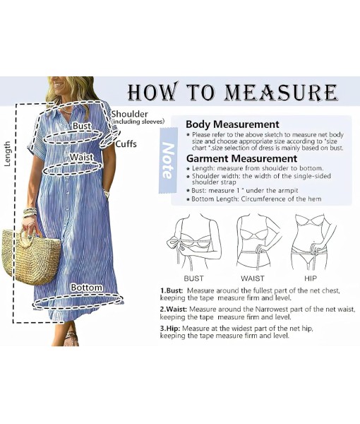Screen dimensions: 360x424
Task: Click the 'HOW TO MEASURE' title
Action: (232, 92)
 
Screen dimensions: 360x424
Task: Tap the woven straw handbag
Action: (31, 257)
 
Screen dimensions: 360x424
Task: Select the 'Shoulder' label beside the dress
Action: (130, 114)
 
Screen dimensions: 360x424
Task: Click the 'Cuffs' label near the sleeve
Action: (126, 144)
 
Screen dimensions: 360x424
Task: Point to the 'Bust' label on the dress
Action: (82, 126)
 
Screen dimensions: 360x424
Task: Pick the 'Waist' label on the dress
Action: (82, 157)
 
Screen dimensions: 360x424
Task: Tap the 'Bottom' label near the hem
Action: (86, 288)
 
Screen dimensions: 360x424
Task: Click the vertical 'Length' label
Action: (8, 153)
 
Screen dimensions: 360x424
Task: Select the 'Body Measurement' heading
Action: (232, 124)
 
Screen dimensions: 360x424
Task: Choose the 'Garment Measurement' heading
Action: (241, 158)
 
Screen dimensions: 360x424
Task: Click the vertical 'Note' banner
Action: (168, 160)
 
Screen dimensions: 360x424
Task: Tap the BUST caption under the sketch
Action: (193, 278)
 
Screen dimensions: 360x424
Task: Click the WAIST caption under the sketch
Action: (253, 278)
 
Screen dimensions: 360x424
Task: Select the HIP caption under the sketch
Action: (311, 278)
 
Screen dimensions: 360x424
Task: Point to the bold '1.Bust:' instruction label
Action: (172, 291)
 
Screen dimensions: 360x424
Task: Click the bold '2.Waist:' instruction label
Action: (174, 310)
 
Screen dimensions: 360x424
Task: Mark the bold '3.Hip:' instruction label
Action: (170, 329)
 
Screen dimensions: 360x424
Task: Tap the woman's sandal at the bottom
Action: (71, 338)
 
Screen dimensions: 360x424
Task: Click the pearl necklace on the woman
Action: (66, 110)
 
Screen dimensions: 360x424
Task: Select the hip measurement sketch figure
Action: (313, 242)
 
